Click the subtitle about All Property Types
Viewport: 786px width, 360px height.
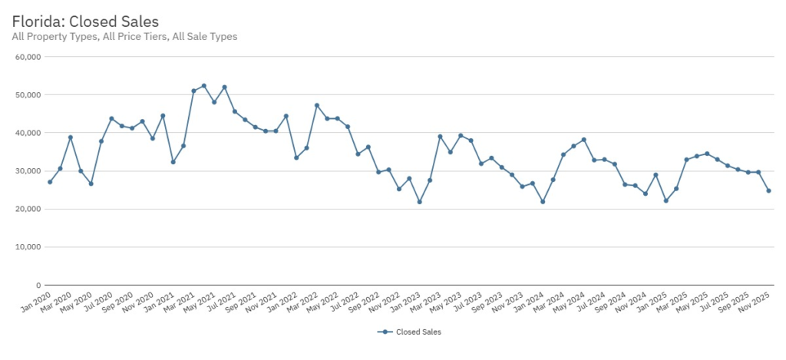tap(124, 36)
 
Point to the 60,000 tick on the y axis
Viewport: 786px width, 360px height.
tap(28, 57)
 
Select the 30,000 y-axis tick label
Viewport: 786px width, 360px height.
tap(28, 171)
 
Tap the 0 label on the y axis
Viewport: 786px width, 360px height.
tap(38, 285)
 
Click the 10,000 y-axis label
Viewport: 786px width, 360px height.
tap(28, 247)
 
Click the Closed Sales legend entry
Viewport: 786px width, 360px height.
tap(411, 332)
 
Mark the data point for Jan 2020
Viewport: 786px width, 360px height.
tap(50, 182)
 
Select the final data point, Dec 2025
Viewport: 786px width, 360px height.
tap(768, 190)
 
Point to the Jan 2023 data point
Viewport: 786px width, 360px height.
tap(419, 202)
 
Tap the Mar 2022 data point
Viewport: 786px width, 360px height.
tap(317, 105)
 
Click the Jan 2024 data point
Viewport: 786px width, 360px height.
tap(543, 202)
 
